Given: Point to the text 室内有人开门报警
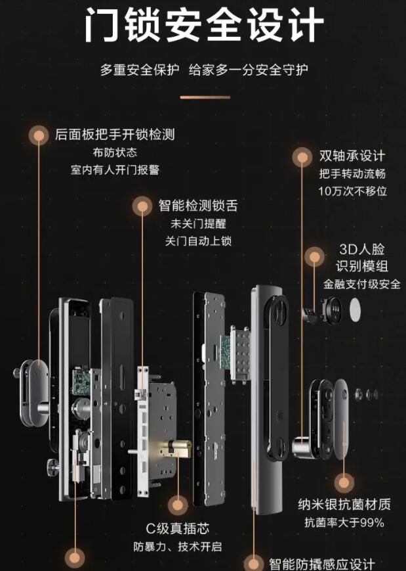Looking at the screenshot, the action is pos(115,170).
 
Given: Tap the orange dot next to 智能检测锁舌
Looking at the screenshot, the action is pos(141,206).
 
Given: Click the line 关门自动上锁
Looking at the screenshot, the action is pos(198,240).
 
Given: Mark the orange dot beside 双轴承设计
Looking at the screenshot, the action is pos(302,157).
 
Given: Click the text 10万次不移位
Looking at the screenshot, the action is pos(353,191).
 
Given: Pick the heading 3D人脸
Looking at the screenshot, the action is pos(361,250).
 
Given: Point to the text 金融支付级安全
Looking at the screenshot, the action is pos(361,285).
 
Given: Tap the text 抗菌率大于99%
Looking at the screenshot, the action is pos(344,523).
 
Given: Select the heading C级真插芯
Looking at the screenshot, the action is pos(177,529).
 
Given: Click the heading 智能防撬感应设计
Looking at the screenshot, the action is pos(321,564).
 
